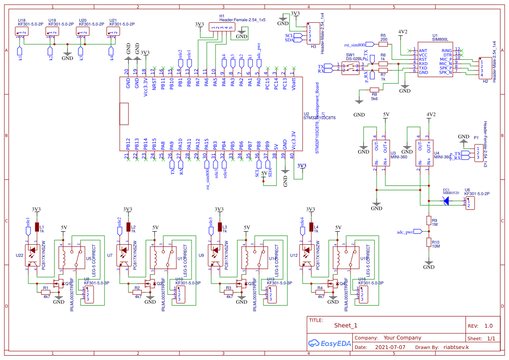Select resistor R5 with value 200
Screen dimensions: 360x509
tap(383, 44)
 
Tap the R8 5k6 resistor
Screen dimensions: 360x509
tap(374, 91)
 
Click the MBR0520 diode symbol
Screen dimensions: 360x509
tap(446, 201)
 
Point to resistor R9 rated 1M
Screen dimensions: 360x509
tap(429, 221)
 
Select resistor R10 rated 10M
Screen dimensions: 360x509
tap(429, 242)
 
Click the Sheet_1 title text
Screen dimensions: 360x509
tap(346, 325)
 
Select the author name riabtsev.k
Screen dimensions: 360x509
tap(455, 347)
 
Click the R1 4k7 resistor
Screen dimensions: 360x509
tap(45, 288)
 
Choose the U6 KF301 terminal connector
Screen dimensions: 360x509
tap(470, 201)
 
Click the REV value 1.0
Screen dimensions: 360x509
tap(488, 326)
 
